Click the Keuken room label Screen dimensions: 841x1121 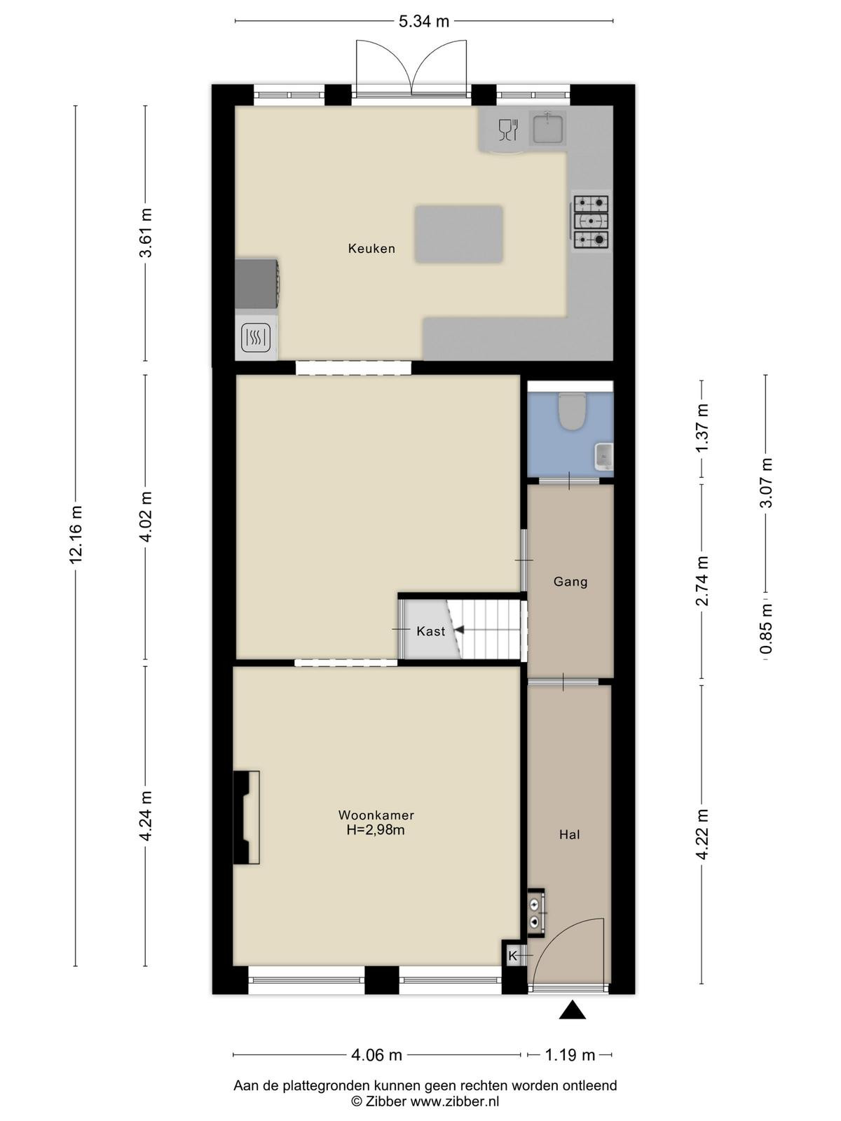(371, 249)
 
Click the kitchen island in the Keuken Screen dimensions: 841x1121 (458, 235)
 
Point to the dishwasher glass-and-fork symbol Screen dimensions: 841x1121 (508, 130)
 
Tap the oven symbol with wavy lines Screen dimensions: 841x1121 (257, 338)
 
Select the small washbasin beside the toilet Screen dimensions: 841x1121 (604, 456)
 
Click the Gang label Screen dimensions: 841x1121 (570, 582)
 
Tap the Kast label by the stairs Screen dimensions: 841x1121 (430, 631)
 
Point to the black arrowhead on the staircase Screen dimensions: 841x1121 (459, 630)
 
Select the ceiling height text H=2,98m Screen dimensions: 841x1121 (376, 830)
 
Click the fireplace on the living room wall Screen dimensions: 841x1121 (246, 818)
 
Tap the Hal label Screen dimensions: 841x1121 (569, 835)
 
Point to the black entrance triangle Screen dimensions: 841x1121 (572, 1009)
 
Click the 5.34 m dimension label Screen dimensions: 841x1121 (424, 22)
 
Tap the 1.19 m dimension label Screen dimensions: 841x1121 (570, 1052)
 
